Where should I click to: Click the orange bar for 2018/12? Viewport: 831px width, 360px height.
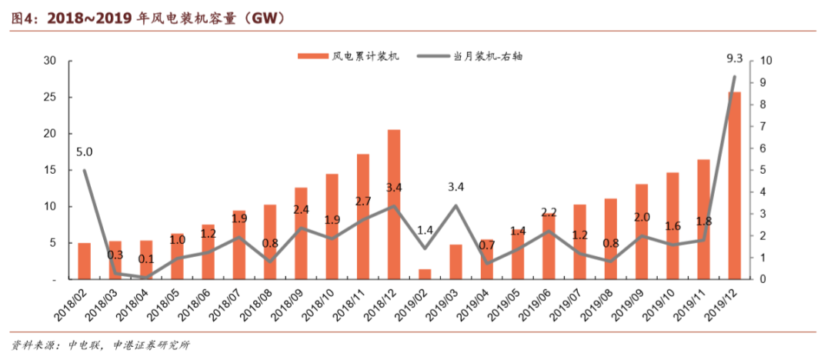[x=394, y=205]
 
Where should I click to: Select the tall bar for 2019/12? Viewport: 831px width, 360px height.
[x=735, y=185]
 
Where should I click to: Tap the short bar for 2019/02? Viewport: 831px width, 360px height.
[x=425, y=274]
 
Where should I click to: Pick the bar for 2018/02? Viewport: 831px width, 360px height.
[x=85, y=261]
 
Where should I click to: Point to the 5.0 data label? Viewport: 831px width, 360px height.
[x=85, y=152]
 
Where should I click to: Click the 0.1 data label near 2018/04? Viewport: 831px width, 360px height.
[x=146, y=259]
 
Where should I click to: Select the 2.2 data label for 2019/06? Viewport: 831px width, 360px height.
[x=549, y=212]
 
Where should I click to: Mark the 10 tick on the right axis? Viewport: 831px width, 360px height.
[x=766, y=61]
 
